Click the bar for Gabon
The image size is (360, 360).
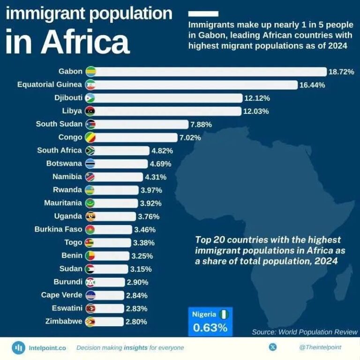click(x=211, y=72)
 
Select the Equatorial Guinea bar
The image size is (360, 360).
click(x=197, y=85)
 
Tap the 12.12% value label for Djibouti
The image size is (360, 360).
click(x=257, y=98)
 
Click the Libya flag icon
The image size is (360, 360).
click(x=90, y=111)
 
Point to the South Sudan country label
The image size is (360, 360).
click(x=59, y=124)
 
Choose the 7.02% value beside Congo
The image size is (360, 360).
click(x=190, y=137)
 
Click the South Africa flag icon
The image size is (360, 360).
click(x=90, y=150)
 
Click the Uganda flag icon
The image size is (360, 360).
click(x=90, y=216)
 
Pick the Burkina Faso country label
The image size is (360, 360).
click(x=58, y=229)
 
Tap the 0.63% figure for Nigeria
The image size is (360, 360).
click(x=210, y=328)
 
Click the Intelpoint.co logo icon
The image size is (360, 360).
click(x=18, y=348)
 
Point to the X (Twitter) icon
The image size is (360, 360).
click(x=273, y=347)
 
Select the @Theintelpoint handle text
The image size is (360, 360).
click(x=320, y=347)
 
